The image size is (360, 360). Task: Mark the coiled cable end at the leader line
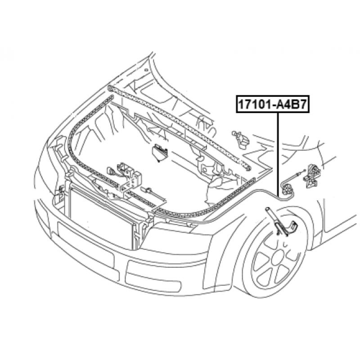click(x=286, y=189)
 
